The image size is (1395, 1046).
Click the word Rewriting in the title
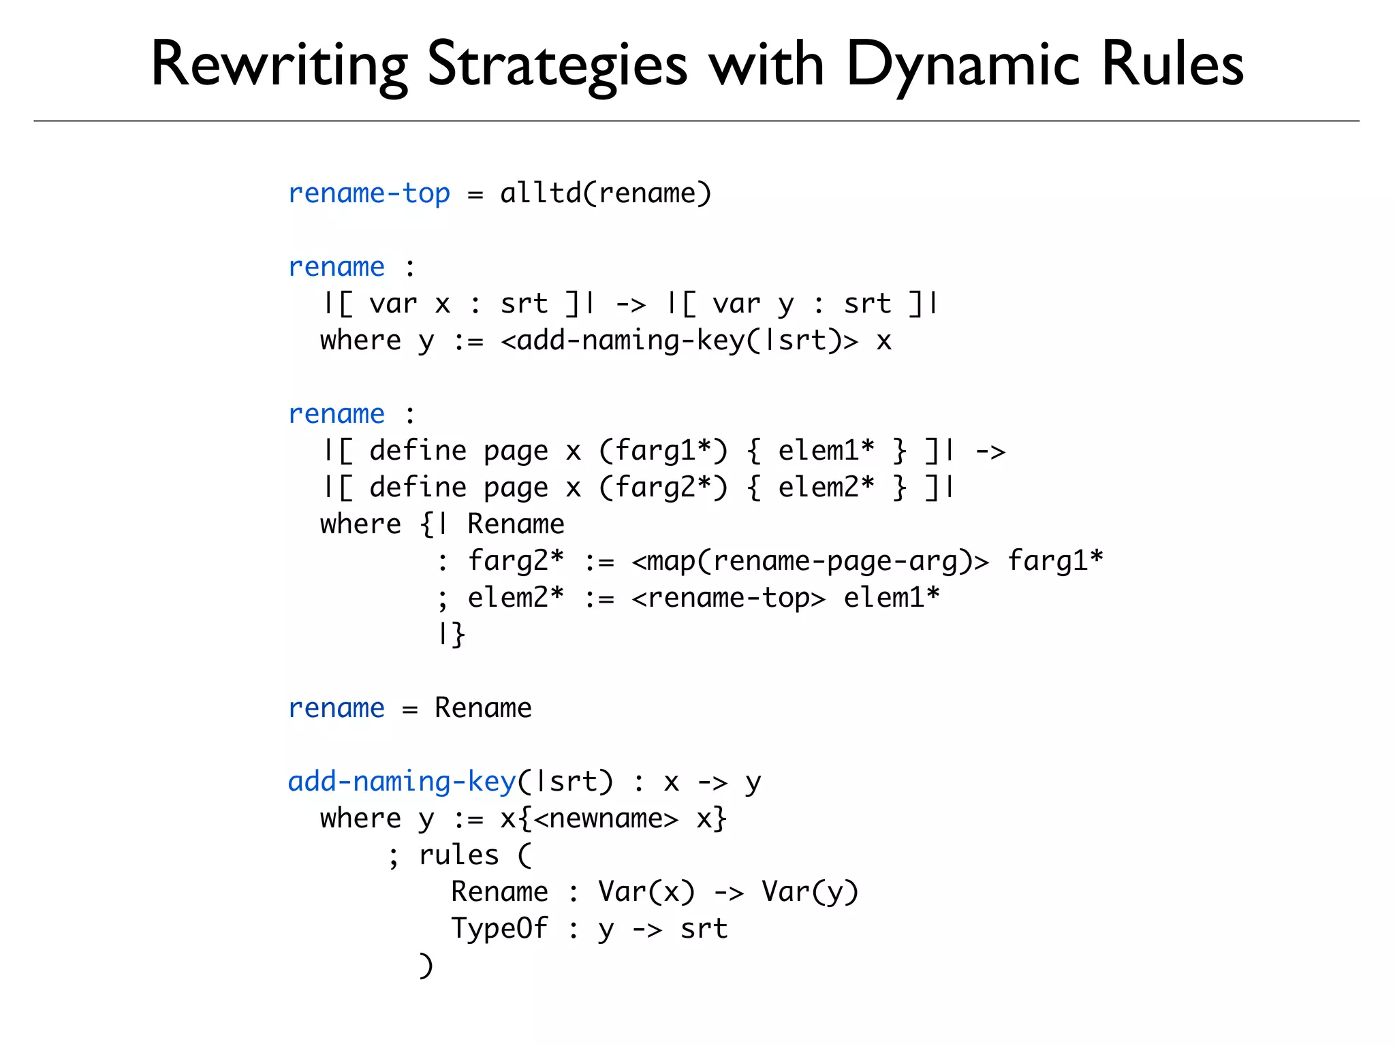tap(279, 65)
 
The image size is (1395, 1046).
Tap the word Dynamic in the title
tap(963, 65)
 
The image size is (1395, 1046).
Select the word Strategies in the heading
tap(557, 65)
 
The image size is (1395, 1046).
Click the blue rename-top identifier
tap(369, 193)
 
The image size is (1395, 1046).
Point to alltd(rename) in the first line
tap(606, 193)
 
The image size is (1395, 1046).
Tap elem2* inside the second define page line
tap(826, 488)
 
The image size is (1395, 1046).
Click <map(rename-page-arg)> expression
tap(810, 561)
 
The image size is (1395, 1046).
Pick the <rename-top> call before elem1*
tap(728, 598)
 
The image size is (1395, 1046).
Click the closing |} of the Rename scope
tap(451, 634)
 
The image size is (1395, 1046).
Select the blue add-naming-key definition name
tap(401, 782)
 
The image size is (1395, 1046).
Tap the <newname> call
tap(606, 819)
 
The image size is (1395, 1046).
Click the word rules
tap(458, 855)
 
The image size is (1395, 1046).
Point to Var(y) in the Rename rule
tap(810, 892)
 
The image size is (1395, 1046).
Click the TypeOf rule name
tap(499, 929)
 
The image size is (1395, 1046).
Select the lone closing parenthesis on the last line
tap(426, 966)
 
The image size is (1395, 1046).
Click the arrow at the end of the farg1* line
tap(990, 451)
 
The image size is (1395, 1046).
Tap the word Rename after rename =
tap(483, 708)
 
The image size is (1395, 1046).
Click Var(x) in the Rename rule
tap(646, 892)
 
